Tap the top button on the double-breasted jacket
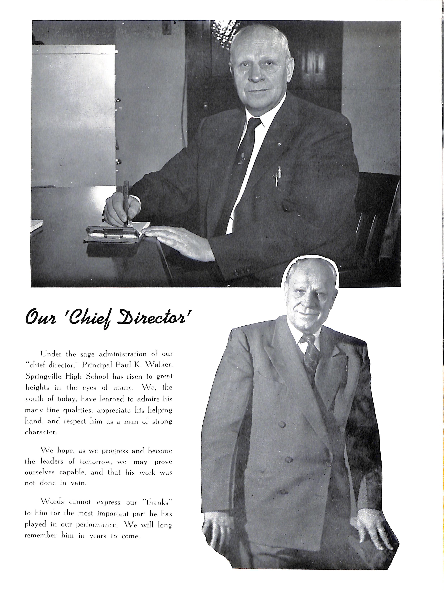(282, 424)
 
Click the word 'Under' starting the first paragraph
(51, 354)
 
